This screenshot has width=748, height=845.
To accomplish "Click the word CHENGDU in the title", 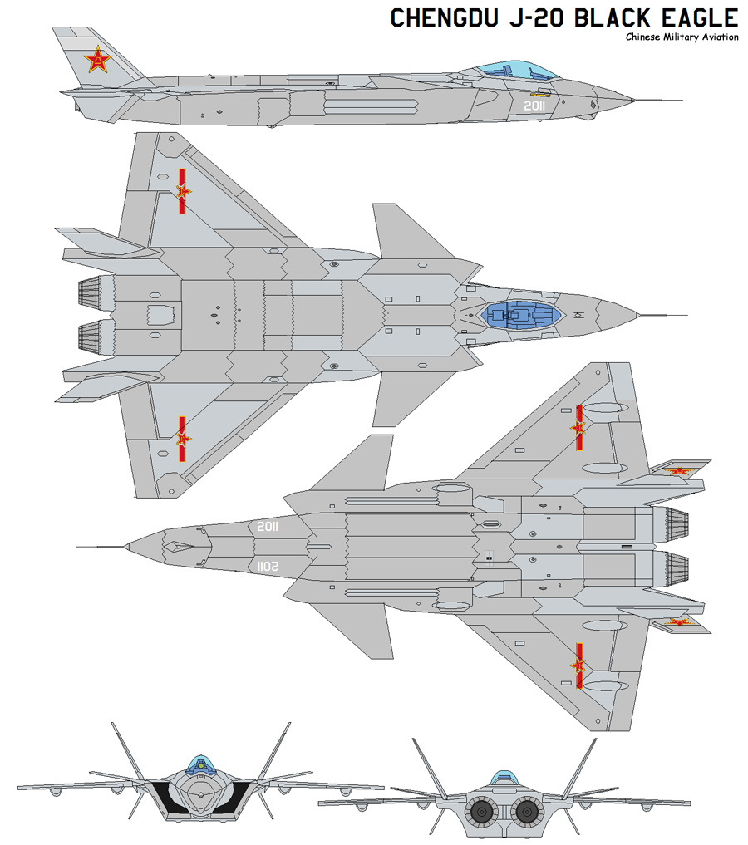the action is tap(445, 18).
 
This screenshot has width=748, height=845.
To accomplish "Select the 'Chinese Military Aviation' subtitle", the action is tap(682, 37).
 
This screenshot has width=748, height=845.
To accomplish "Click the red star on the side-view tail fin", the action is tap(97, 59).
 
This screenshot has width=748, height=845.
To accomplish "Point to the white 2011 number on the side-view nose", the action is tap(534, 106).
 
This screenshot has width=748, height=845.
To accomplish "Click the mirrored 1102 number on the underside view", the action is tap(268, 567).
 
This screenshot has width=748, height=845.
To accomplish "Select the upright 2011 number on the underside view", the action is tap(268, 527).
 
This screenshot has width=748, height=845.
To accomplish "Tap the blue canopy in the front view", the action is tap(200, 765).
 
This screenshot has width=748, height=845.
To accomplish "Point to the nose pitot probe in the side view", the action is tap(657, 101).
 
